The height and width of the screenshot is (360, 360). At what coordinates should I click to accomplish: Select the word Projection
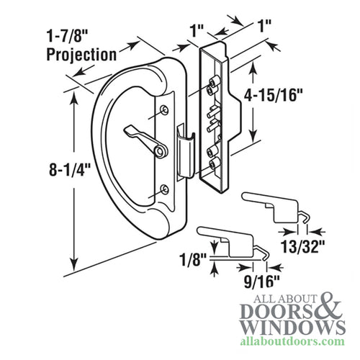coord(81,54)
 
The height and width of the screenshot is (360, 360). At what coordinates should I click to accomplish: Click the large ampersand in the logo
coord(325,307)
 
